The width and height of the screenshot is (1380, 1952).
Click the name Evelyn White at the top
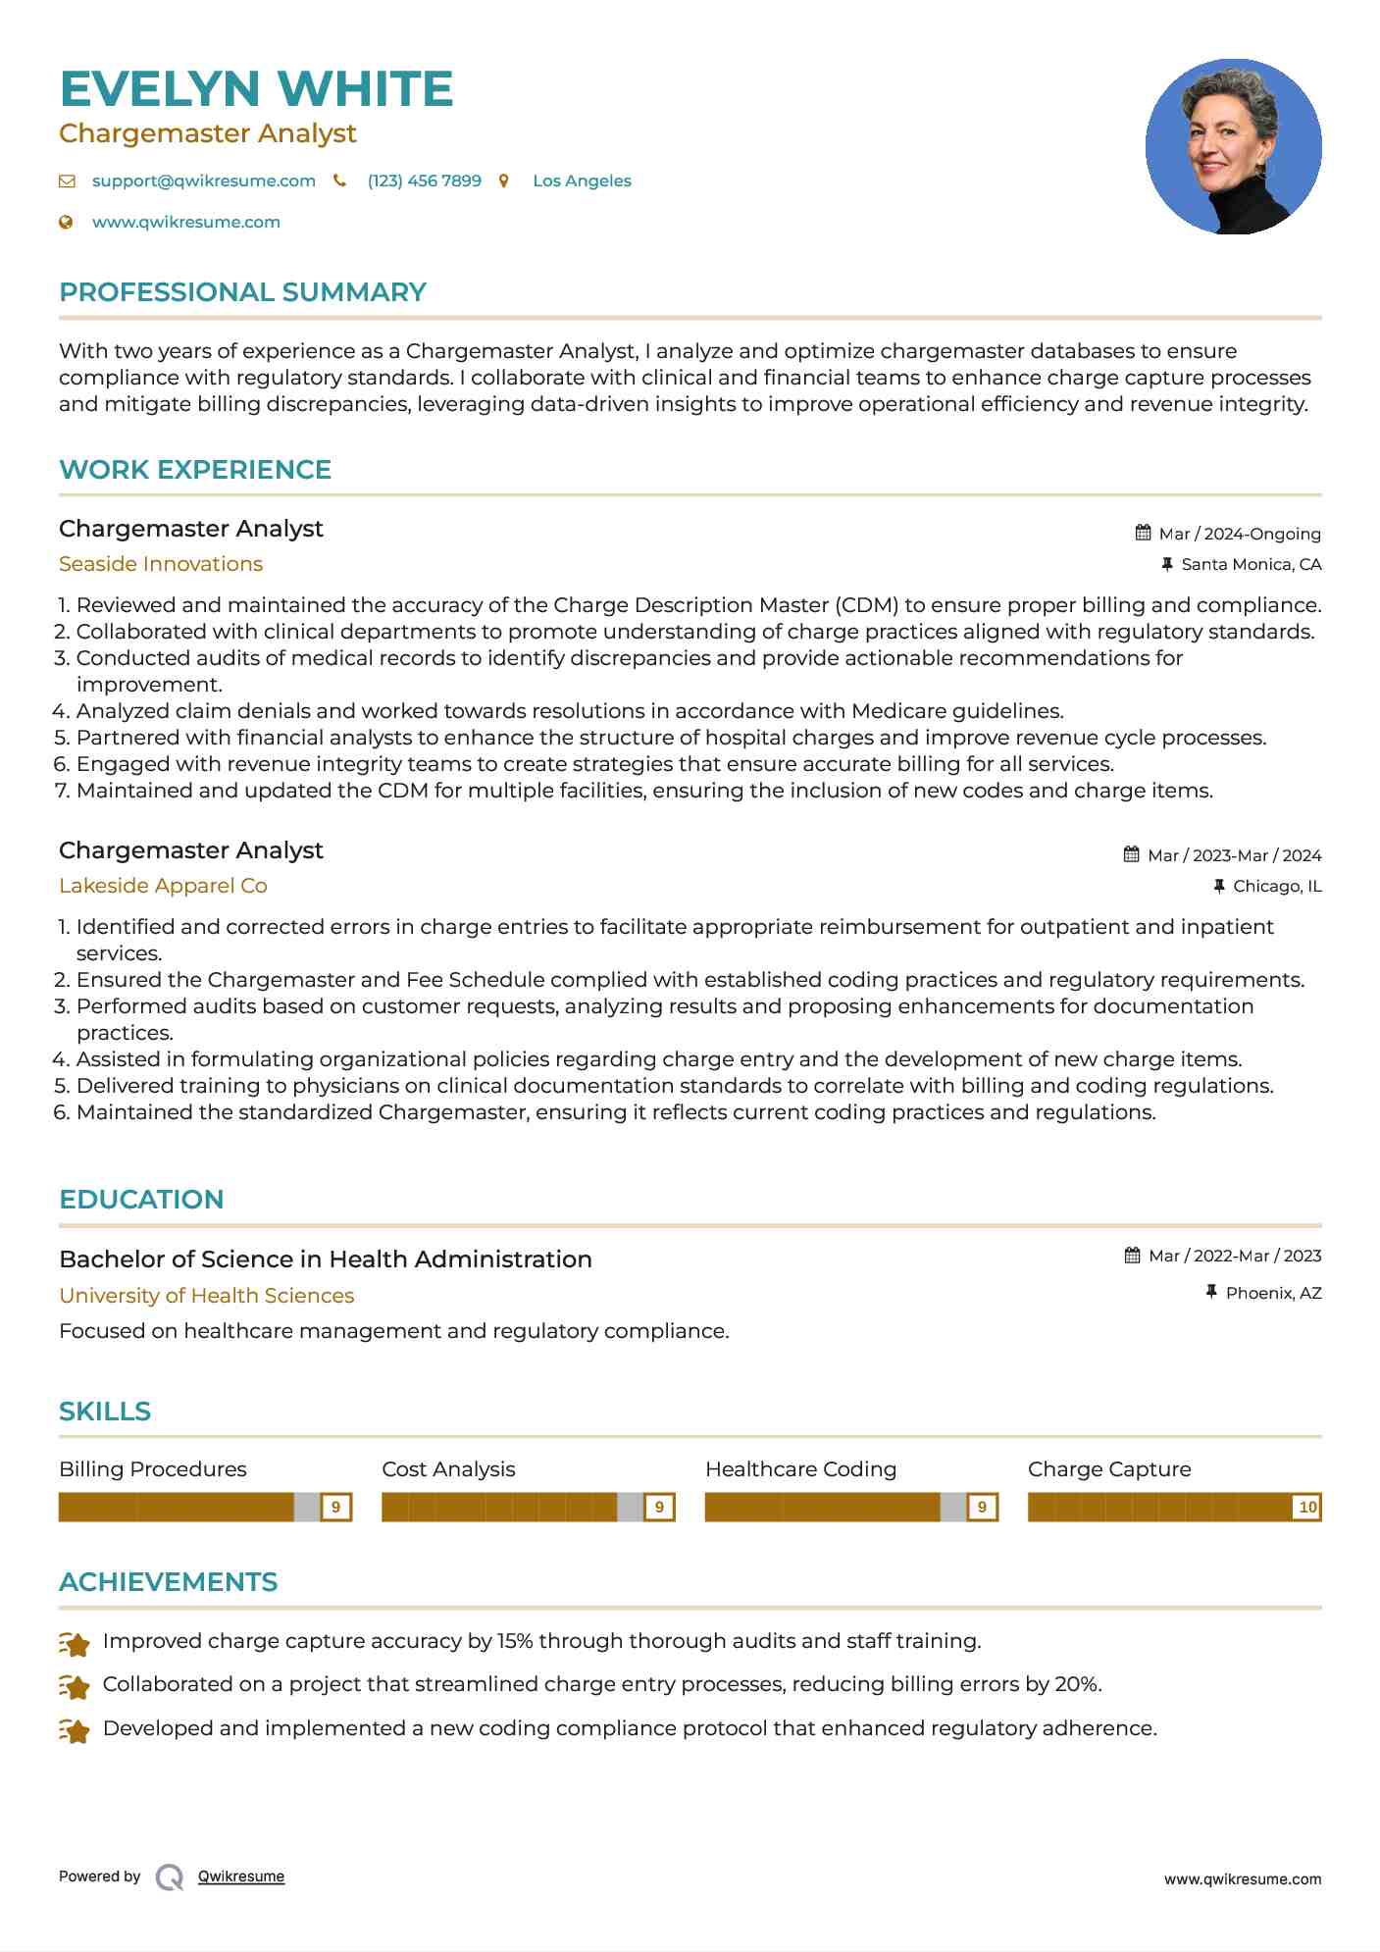pos(256,89)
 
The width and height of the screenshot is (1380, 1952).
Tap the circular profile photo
pos(1233,147)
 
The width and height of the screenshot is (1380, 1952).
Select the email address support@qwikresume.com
pos(203,180)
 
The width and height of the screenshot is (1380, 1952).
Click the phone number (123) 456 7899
pos(424,180)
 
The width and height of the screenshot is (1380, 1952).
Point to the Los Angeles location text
pos(582,180)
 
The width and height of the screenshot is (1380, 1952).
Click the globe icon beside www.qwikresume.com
pos(67,222)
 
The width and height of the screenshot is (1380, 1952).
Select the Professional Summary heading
pos(242,292)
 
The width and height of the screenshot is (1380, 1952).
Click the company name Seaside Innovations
pos(161,564)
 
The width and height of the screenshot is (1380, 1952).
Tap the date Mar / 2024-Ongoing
pos(1240,534)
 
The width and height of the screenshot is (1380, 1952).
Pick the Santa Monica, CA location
pos(1251,564)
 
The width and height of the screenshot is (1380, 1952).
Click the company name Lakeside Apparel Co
pos(163,886)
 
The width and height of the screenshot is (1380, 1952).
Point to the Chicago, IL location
pos(1277,886)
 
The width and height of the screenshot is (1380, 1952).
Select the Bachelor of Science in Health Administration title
pos(326,1259)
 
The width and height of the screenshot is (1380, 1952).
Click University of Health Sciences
pos(206,1296)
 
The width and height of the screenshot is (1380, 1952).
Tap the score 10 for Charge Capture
pos(1307,1507)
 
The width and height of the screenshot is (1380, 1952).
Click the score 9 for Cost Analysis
pos(659,1507)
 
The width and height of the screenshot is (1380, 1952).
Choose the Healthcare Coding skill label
pos(800,1469)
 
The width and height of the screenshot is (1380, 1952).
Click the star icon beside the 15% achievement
pos(75,1643)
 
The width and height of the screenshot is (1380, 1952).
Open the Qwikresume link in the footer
pos(241,1876)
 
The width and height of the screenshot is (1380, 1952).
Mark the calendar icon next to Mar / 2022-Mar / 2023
pos(1133,1256)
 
